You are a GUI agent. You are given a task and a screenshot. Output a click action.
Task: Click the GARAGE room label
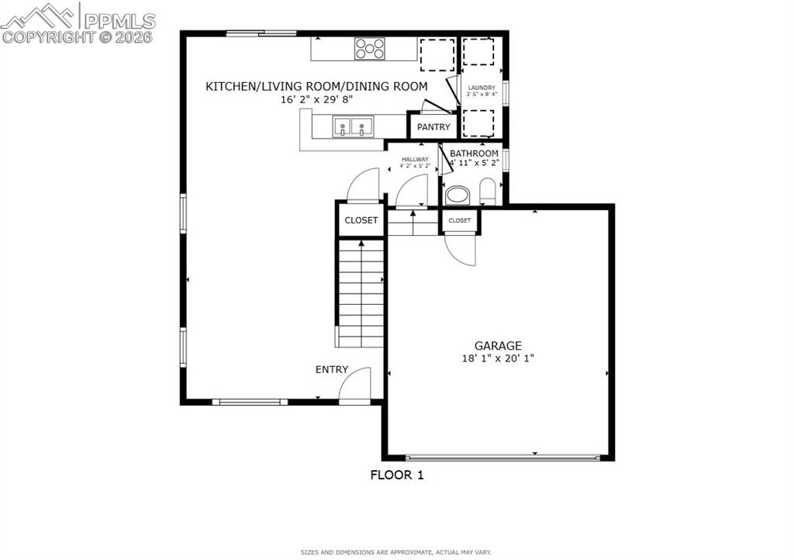click(x=498, y=346)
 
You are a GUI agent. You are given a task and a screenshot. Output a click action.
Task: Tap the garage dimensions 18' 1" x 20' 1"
click(x=498, y=358)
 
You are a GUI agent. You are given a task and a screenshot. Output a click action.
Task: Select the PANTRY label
click(x=433, y=127)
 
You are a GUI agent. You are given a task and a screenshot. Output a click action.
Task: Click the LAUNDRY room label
click(x=482, y=88)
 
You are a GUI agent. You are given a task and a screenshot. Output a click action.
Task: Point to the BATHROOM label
click(x=474, y=154)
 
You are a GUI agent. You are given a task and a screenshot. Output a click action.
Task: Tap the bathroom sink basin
click(x=457, y=194)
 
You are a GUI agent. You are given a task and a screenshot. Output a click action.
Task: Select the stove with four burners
click(x=370, y=49)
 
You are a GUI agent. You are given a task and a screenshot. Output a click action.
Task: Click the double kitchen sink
click(x=353, y=126)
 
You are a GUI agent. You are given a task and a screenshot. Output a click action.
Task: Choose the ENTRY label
click(x=332, y=370)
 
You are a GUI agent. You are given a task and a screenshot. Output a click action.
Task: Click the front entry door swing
click(x=357, y=385)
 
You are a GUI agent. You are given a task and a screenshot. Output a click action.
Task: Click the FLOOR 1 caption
click(x=397, y=475)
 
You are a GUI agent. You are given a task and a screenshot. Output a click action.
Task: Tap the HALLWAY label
click(x=415, y=160)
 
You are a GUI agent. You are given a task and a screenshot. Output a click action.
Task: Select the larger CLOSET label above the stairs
click(x=361, y=220)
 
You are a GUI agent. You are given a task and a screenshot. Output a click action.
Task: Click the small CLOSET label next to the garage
click(x=460, y=221)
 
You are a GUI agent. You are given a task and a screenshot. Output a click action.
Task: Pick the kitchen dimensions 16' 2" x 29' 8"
click(x=316, y=99)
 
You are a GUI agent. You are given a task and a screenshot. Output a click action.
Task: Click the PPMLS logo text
click(x=119, y=21)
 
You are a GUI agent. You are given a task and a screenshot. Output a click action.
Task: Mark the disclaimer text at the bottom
click(x=396, y=552)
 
